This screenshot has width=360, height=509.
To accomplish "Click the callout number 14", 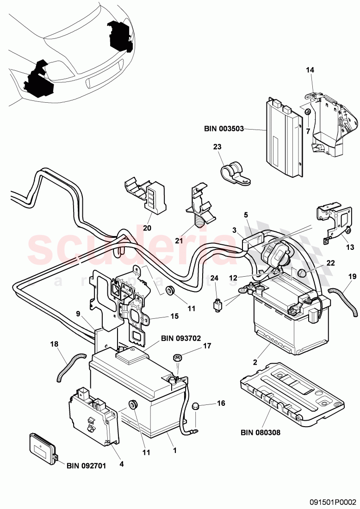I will point(310,70).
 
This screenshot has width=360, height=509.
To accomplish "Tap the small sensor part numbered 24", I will point(216,305).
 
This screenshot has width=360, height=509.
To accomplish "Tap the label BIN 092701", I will point(86,466).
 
